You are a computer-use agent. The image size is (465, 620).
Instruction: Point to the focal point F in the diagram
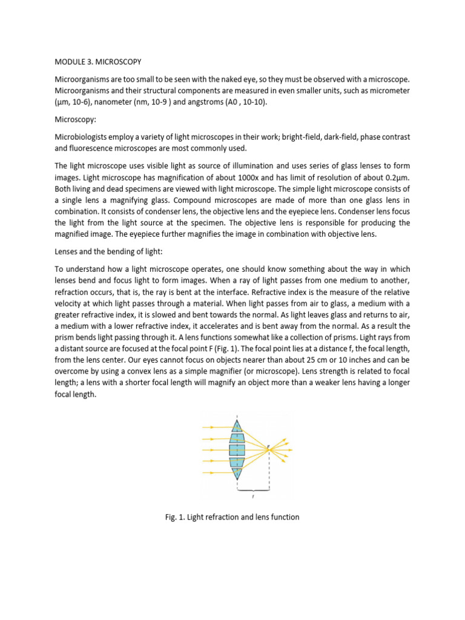point(269,449)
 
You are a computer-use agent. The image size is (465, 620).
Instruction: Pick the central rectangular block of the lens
point(237,450)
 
